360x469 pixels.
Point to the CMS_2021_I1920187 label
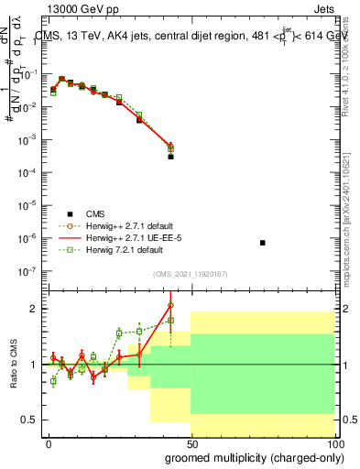click(x=190, y=273)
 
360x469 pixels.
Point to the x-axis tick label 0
click(x=49, y=442)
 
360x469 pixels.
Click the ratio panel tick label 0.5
click(x=27, y=420)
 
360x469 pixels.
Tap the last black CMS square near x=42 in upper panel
click(x=170, y=157)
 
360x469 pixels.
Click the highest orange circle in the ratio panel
click(x=170, y=305)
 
